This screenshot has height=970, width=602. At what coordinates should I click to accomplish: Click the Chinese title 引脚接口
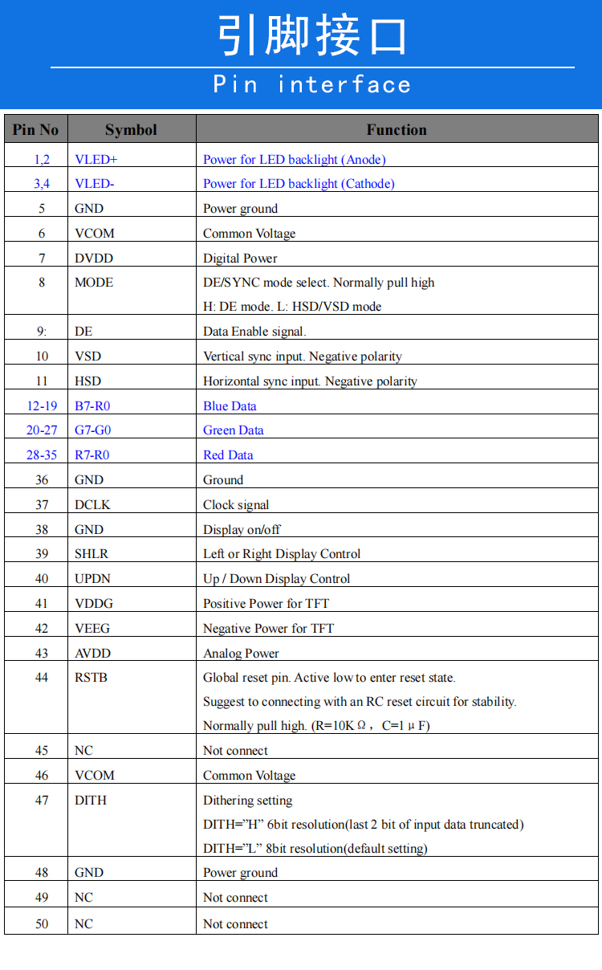pyautogui.click(x=312, y=36)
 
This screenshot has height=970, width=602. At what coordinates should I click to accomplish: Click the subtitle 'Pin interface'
pyautogui.click(x=312, y=84)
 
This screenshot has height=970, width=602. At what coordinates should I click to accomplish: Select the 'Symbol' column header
pyautogui.click(x=131, y=129)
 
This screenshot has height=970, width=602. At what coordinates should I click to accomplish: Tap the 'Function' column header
pyautogui.click(x=397, y=129)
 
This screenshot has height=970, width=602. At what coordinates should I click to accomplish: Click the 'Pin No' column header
pyautogui.click(x=36, y=129)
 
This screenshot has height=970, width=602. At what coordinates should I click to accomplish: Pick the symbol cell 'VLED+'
pyautogui.click(x=96, y=159)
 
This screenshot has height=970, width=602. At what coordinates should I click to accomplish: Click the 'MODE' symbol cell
pyautogui.click(x=94, y=283)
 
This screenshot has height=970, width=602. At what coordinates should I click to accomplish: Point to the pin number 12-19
pyautogui.click(x=42, y=406)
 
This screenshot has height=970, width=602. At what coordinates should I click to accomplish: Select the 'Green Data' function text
pyautogui.click(x=234, y=430)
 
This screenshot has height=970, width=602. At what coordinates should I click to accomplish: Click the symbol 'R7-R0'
pyautogui.click(x=92, y=455)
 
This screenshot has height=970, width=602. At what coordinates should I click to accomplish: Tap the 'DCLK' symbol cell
pyautogui.click(x=92, y=504)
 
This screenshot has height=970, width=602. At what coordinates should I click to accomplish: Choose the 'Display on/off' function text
pyautogui.click(x=242, y=530)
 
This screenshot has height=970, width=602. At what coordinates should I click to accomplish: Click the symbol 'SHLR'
pyautogui.click(x=92, y=554)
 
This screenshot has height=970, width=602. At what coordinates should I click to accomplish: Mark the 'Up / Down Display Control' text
pyautogui.click(x=277, y=579)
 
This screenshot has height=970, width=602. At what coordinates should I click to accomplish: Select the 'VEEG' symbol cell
pyautogui.click(x=92, y=628)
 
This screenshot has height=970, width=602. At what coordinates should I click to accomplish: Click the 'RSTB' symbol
pyautogui.click(x=91, y=678)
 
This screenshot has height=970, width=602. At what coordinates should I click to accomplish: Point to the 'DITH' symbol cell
pyautogui.click(x=91, y=801)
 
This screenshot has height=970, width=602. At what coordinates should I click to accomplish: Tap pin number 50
pyautogui.click(x=42, y=924)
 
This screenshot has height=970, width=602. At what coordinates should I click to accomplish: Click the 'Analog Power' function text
pyautogui.click(x=241, y=654)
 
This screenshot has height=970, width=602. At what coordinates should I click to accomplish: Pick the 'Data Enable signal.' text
pyautogui.click(x=254, y=332)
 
